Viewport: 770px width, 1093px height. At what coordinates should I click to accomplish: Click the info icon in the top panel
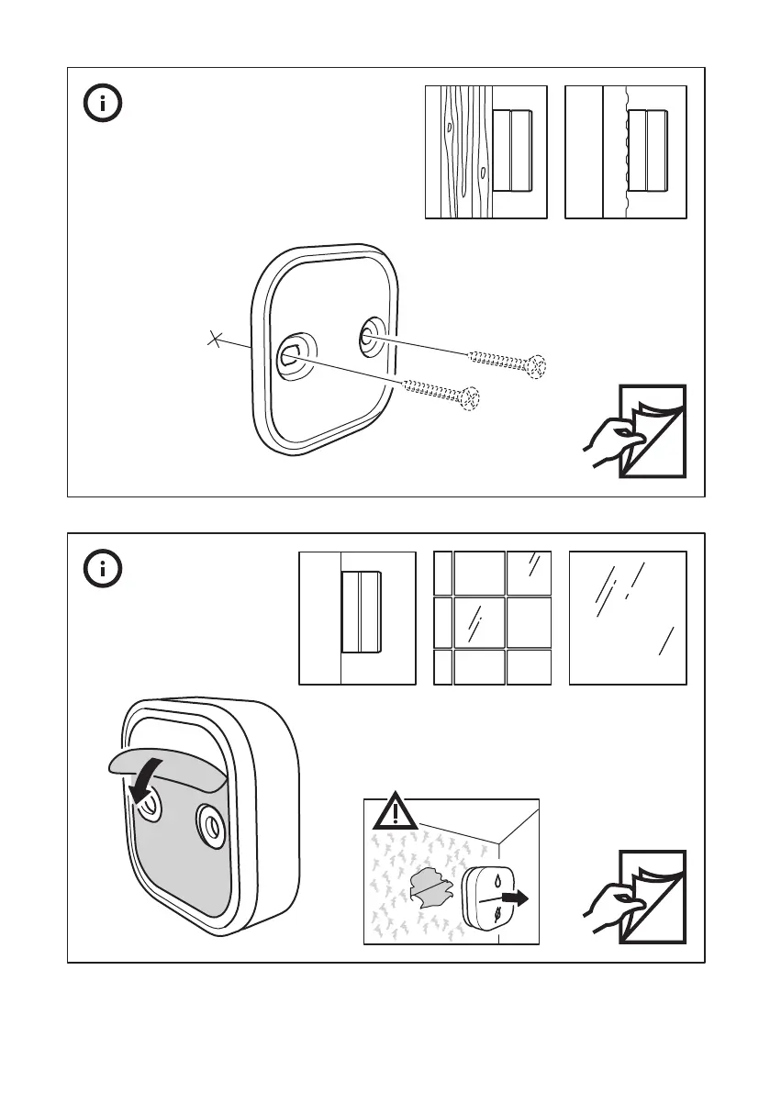[104, 104]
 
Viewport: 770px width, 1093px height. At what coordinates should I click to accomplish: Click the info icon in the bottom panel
[104, 570]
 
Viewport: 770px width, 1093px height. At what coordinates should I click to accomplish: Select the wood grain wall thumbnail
[485, 151]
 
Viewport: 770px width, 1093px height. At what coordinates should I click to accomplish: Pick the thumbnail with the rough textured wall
[626, 151]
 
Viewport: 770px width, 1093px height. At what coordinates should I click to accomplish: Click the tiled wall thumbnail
[492, 618]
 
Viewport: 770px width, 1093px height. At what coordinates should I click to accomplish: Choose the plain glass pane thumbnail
[628, 618]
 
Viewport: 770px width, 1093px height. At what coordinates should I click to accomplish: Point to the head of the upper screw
[538, 367]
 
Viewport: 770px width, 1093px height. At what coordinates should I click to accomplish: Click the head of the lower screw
[471, 397]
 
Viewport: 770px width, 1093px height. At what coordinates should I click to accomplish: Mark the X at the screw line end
[215, 340]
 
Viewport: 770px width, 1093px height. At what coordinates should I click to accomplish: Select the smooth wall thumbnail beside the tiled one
[357, 618]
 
